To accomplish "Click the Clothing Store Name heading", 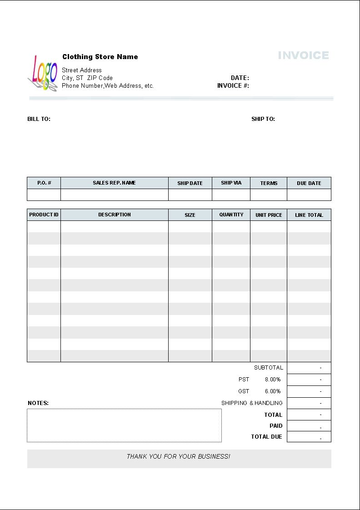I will pyautogui.click(x=100, y=57).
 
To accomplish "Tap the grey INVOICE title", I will pyautogui.click(x=303, y=55).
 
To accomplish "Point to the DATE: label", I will pyautogui.click(x=240, y=78).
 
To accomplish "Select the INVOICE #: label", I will pyautogui.click(x=233, y=85).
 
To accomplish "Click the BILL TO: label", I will pyautogui.click(x=39, y=119).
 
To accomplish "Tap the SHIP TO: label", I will pyautogui.click(x=263, y=119).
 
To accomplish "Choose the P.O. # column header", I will pyautogui.click(x=44, y=183).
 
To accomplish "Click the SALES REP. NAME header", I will pyautogui.click(x=115, y=183).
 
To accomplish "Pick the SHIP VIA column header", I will pyautogui.click(x=231, y=183).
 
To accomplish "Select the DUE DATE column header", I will pyautogui.click(x=309, y=183).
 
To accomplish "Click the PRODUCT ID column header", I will pyautogui.click(x=44, y=215).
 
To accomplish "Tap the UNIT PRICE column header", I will pyautogui.click(x=269, y=215).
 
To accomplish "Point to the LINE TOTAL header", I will pyautogui.click(x=309, y=215).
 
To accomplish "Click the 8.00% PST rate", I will pyautogui.click(x=273, y=379).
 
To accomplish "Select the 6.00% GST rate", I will pyautogui.click(x=273, y=391).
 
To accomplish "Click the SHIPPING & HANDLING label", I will pyautogui.click(x=252, y=403).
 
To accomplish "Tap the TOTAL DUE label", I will pyautogui.click(x=267, y=437).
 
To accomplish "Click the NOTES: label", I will pyautogui.click(x=38, y=403).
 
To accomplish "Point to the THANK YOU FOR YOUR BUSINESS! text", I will pyautogui.click(x=179, y=456).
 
